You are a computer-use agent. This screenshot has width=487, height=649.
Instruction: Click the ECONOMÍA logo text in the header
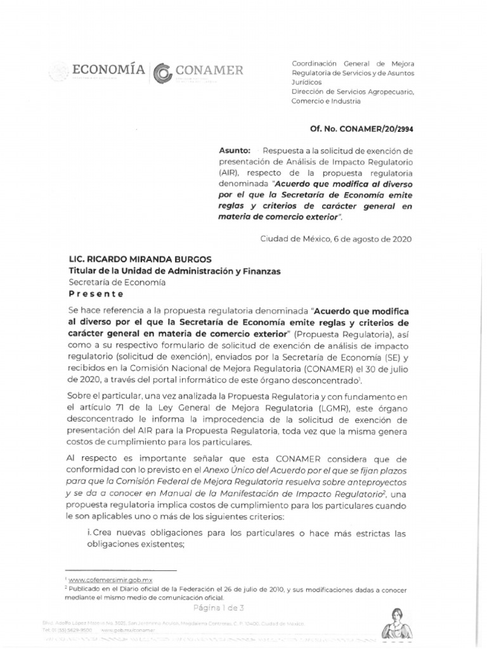(108, 70)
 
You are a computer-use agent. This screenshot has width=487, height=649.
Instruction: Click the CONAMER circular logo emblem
(162, 73)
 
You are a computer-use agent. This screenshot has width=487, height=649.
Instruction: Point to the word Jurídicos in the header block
(306, 82)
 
